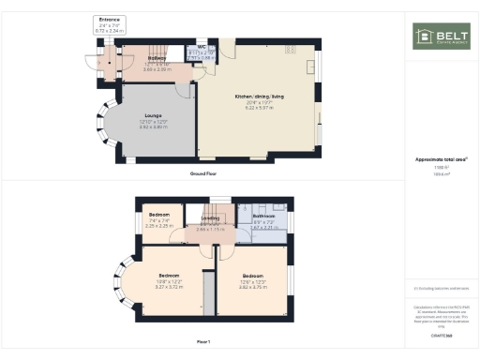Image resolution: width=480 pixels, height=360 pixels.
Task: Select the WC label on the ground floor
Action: click(201, 46)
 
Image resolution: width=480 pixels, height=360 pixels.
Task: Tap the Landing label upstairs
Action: click(210, 218)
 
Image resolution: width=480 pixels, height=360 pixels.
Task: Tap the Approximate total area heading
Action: click(441, 159)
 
